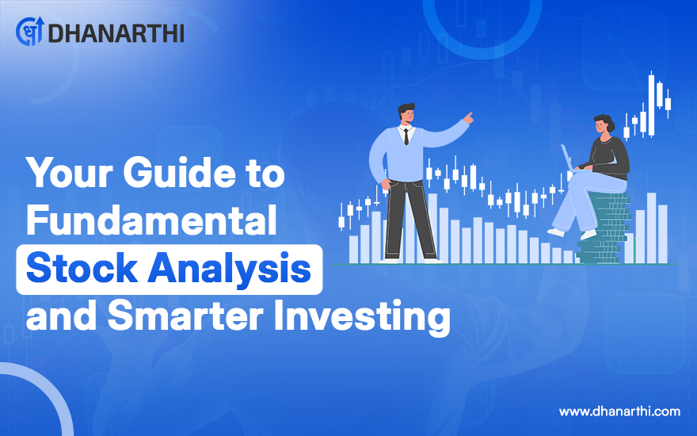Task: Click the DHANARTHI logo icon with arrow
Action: (x=30, y=31)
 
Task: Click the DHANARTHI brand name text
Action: (x=116, y=33)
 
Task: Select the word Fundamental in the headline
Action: (x=151, y=220)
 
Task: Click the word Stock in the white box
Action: (x=82, y=268)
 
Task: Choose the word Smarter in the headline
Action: (x=185, y=316)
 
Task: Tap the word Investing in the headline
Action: (x=361, y=317)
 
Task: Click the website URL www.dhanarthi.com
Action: (x=619, y=411)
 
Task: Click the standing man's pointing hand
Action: (x=467, y=118)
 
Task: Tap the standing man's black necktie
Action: (x=406, y=136)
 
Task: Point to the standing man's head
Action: (x=406, y=114)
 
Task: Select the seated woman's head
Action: (x=604, y=124)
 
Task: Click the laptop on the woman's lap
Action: (x=568, y=158)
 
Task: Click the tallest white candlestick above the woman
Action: (x=651, y=105)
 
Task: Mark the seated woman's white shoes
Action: (x=572, y=233)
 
